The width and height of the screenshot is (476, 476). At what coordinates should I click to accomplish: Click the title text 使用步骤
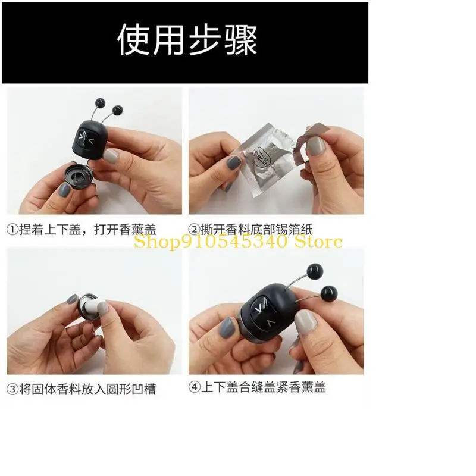click(x=187, y=41)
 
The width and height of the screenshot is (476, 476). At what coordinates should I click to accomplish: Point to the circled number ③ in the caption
click(x=13, y=390)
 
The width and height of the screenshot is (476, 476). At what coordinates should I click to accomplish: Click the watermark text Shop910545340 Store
click(x=238, y=242)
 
